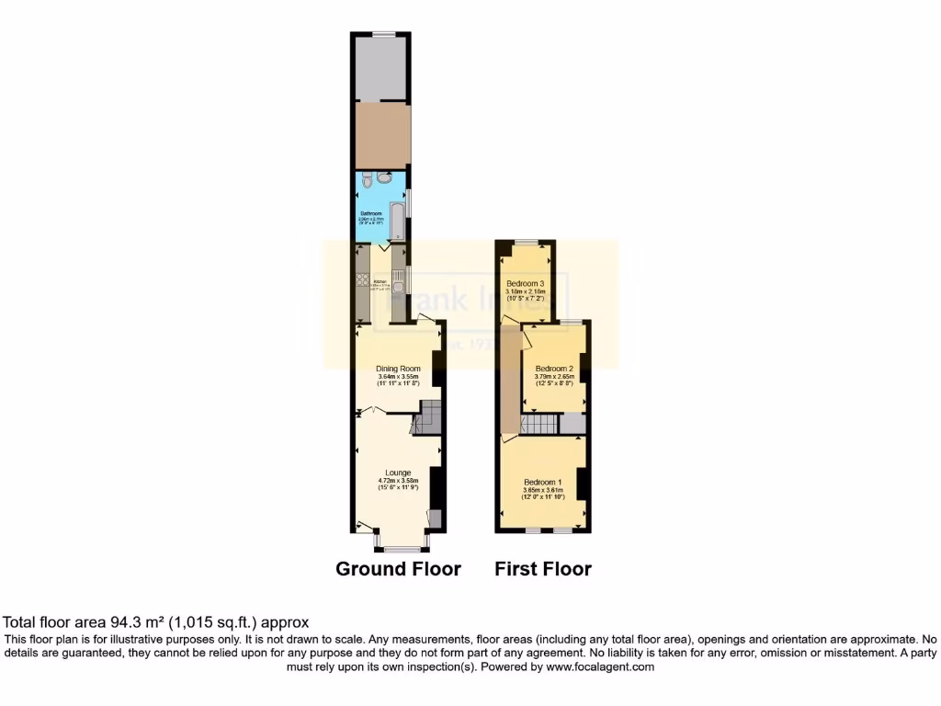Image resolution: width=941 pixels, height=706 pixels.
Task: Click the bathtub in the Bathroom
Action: tap(397, 222)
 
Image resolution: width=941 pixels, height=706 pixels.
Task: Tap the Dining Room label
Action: tap(398, 369)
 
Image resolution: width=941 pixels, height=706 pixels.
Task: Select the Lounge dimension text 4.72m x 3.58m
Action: tap(398, 480)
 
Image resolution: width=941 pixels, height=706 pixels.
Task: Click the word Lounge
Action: tap(398, 473)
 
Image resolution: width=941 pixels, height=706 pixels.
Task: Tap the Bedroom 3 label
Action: tap(527, 283)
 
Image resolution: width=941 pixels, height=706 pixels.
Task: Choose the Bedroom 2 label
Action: tap(554, 368)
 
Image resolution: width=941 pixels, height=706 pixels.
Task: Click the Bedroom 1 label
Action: tap(542, 483)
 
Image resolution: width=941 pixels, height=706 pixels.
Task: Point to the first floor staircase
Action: tap(539, 424)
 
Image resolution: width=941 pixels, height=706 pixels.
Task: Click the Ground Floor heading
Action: tap(398, 568)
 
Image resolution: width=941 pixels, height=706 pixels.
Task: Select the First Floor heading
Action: tap(543, 568)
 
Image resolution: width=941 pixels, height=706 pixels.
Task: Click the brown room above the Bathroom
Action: tap(381, 135)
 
